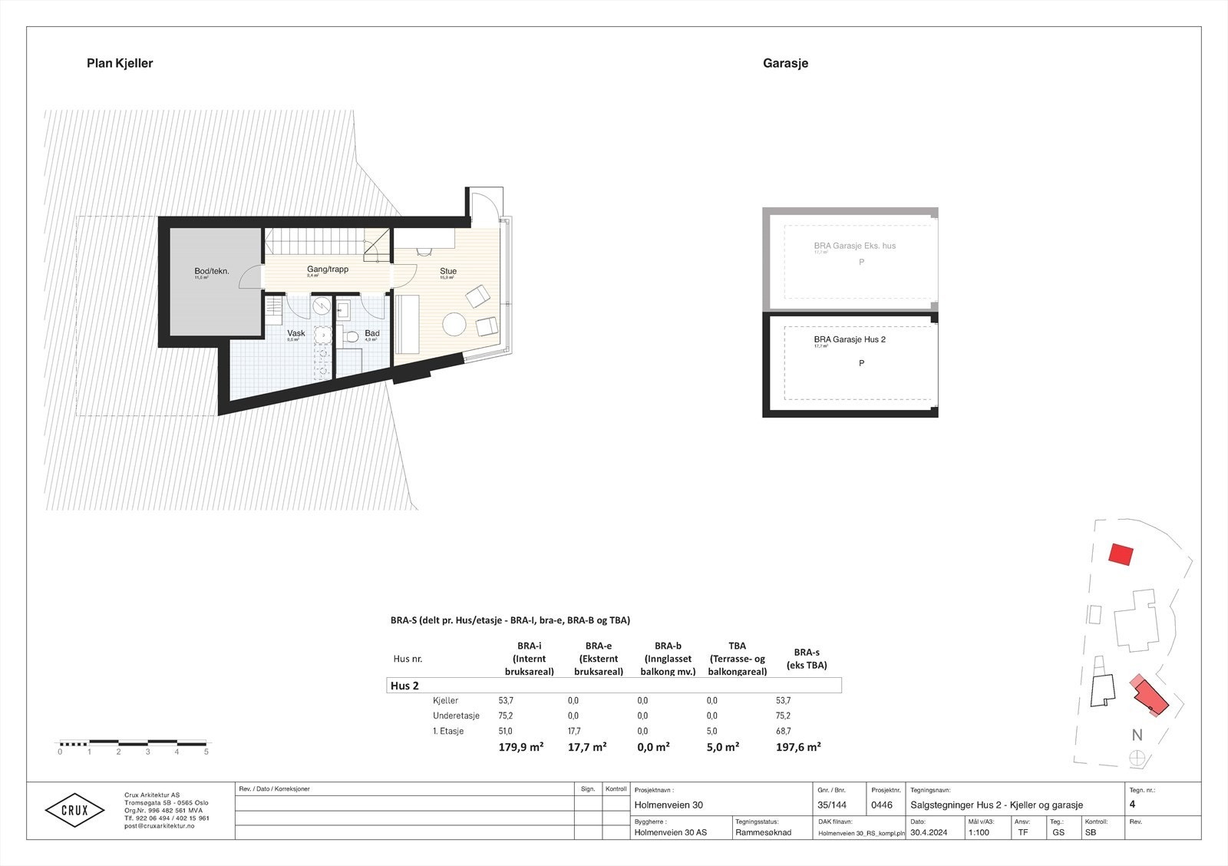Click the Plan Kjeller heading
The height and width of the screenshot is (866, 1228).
click(x=120, y=64)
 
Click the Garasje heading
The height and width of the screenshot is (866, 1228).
click(x=785, y=64)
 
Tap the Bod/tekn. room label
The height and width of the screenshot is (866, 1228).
click(x=211, y=271)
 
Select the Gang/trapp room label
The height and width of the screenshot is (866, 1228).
click(x=328, y=269)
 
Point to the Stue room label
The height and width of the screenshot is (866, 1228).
click(x=448, y=271)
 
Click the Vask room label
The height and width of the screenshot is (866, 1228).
click(x=296, y=333)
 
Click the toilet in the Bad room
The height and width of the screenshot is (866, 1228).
click(x=352, y=337)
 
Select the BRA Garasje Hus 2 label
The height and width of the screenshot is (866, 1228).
click(x=850, y=339)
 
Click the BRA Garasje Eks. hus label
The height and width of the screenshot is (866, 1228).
click(x=854, y=246)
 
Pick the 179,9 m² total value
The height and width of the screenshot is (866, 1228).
click(x=521, y=746)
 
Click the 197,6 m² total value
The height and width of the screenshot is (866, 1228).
click(x=798, y=746)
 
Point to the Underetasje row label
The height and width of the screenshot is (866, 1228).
click(x=456, y=716)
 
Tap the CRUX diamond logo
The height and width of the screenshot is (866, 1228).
click(x=74, y=811)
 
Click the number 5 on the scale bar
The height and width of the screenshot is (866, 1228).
click(x=206, y=752)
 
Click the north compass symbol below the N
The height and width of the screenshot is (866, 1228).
click(x=1137, y=758)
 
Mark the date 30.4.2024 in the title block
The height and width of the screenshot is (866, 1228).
click(x=929, y=832)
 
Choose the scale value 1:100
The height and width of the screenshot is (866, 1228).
click(x=979, y=832)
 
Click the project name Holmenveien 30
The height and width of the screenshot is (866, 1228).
click(x=668, y=805)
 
